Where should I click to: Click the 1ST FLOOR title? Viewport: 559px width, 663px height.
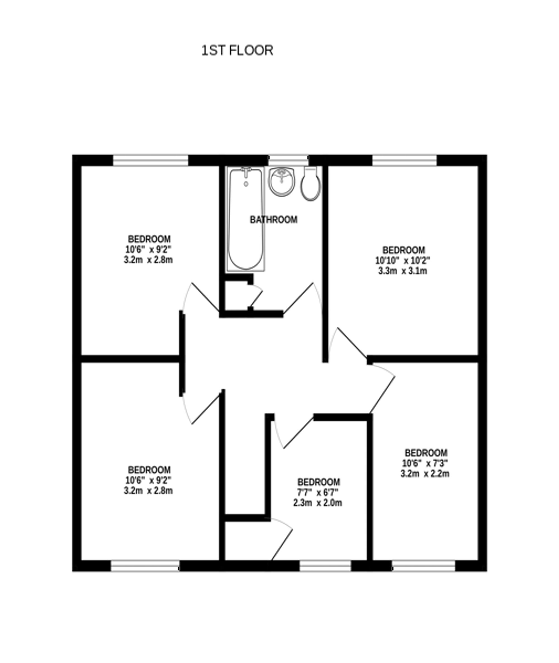coord(237,50)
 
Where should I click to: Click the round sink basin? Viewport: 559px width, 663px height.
coord(282,182)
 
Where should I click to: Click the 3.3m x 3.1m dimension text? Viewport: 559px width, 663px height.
coord(402,271)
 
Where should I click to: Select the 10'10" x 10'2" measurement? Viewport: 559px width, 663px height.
coord(402,261)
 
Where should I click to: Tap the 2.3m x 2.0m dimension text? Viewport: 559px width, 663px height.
coord(318,503)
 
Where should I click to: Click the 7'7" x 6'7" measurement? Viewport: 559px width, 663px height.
coord(318,492)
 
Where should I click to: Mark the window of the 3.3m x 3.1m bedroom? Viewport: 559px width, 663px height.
coord(404,160)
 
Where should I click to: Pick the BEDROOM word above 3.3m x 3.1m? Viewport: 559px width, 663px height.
coord(403,250)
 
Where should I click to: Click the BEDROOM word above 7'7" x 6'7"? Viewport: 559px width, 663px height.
coord(319,482)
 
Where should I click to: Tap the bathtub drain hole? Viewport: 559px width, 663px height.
coord(246,184)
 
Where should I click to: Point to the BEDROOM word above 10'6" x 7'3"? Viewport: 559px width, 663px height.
coord(426,453)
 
